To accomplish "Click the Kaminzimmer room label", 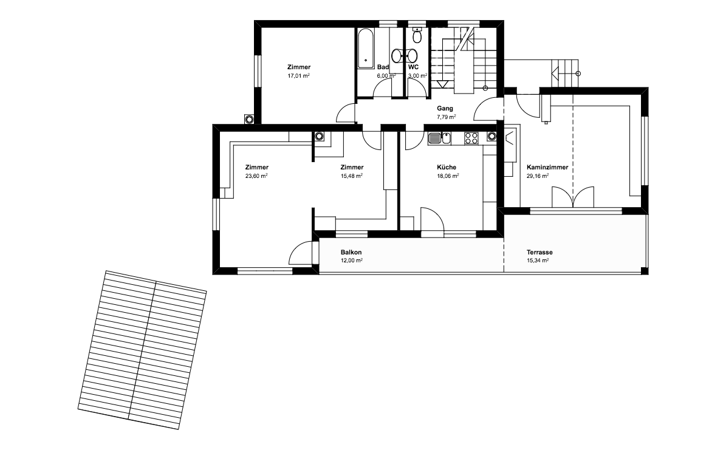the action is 547,168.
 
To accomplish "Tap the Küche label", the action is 447,168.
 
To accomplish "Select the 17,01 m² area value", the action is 299,75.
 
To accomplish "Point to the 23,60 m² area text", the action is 256,176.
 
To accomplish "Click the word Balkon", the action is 351,252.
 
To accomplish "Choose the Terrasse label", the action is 539,252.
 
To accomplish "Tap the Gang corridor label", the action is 445,109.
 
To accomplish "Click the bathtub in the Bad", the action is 365,49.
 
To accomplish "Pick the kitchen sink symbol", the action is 439,138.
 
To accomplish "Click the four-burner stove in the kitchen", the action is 471,138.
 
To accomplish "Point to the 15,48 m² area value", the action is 351,176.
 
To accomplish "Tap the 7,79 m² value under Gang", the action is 447,117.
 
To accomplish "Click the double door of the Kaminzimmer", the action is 573,196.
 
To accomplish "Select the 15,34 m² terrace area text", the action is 538,261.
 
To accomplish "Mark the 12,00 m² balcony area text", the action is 351,261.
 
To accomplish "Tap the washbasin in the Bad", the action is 398,56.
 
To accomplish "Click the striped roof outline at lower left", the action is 142,350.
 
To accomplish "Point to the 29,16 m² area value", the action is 538,176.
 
